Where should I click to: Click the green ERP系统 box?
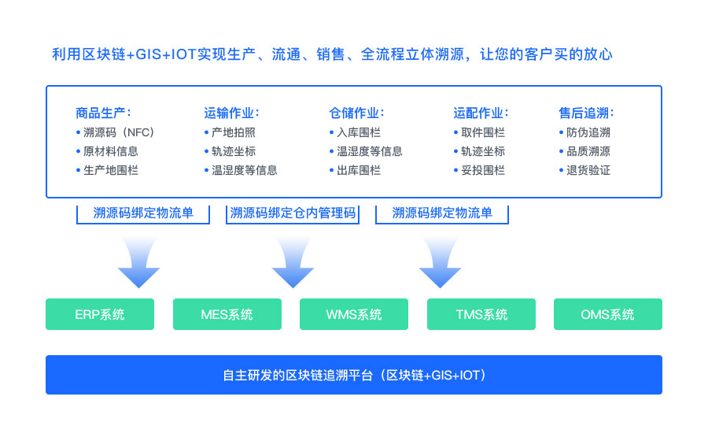tap(100, 314)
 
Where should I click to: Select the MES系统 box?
tap(227, 314)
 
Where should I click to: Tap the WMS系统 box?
tap(354, 314)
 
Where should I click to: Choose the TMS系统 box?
tap(481, 314)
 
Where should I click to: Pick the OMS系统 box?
tap(608, 314)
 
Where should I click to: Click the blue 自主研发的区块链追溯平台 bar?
tap(354, 375)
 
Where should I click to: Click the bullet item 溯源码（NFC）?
tap(116, 132)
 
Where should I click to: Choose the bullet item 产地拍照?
tap(230, 132)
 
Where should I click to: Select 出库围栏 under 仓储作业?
tap(355, 170)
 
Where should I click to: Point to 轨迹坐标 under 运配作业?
tap(479, 151)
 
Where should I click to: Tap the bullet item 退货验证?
tap(584, 170)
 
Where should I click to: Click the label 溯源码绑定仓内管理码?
tap(293, 213)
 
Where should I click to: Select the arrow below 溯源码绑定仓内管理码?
tap(293, 262)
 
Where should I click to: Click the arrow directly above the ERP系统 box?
tap(138, 262)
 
